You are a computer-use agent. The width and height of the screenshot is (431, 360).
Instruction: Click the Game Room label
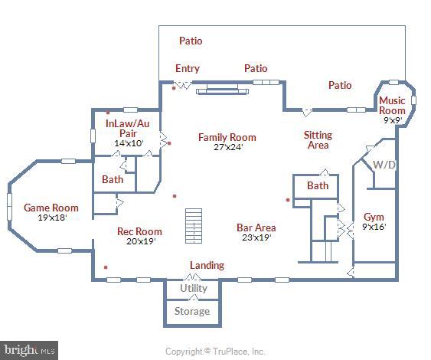(51, 208)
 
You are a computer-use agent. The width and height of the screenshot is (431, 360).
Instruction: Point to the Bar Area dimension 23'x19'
(256, 237)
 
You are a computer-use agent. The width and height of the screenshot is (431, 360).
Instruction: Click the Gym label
(374, 217)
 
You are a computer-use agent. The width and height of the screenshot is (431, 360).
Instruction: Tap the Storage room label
(191, 312)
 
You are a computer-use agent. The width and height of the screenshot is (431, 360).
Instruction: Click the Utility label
(194, 289)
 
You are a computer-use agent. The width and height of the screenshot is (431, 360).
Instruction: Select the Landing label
(207, 266)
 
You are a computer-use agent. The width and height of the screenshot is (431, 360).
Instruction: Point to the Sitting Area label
(318, 140)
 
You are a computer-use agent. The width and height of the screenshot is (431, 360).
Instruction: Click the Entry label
(187, 68)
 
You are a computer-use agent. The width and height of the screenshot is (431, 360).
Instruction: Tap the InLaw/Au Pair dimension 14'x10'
(128, 143)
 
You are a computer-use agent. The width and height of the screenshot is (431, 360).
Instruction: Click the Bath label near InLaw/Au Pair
(113, 180)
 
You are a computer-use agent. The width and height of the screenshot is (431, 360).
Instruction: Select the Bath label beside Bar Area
(318, 186)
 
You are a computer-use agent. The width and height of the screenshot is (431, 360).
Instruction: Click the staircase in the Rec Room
(194, 227)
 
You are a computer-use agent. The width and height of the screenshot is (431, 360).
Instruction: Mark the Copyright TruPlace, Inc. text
(215, 352)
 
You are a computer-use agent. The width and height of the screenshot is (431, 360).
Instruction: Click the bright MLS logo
(29, 350)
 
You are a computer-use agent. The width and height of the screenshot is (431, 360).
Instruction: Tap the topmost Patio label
(191, 41)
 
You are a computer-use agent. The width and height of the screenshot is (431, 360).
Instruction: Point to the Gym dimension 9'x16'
(374, 227)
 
